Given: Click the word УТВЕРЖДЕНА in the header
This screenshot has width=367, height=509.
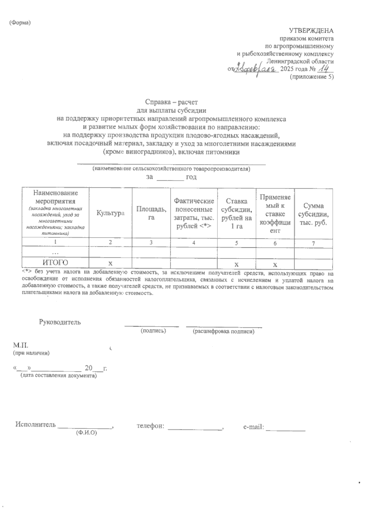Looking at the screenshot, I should (311, 31).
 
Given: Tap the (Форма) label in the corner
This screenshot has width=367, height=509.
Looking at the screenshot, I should (20, 23).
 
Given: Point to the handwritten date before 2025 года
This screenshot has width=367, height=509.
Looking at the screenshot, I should (255, 69).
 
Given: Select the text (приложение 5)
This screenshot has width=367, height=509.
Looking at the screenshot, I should (312, 77).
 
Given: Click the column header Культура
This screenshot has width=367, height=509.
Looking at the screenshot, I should (110, 213).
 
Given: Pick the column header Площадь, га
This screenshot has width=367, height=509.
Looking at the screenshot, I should (151, 213).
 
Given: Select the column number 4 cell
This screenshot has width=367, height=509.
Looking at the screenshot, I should (194, 243).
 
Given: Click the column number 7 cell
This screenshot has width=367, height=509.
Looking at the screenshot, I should (313, 243).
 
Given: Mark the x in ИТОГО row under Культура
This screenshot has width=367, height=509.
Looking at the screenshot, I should (110, 264).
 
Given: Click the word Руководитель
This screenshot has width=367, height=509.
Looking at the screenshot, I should (60, 322).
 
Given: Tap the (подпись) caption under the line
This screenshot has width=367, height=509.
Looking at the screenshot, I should (153, 331).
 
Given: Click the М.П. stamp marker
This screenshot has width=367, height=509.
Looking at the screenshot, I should (20, 346).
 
